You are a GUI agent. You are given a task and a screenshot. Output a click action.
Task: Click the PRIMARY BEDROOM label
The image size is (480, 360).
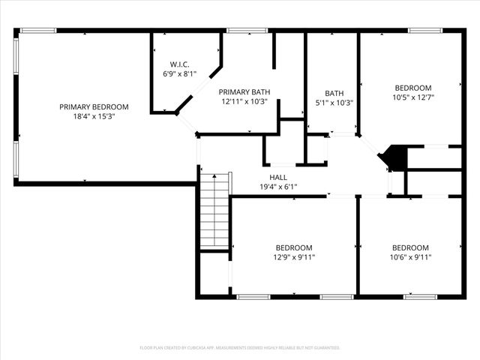tap(94, 106)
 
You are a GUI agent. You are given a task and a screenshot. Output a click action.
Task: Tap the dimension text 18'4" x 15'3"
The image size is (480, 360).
tap(94, 116)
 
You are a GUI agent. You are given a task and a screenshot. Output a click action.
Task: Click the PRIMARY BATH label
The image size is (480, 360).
tap(244, 92)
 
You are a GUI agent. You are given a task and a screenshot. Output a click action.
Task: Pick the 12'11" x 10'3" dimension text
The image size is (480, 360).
tap(244, 102)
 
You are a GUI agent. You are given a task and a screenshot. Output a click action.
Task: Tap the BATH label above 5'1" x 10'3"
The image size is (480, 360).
tap(334, 93)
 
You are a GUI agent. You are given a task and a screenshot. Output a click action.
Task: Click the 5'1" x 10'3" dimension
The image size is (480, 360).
tap(334, 103)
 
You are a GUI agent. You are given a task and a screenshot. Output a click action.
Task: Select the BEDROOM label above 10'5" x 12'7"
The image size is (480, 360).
tap(413, 88)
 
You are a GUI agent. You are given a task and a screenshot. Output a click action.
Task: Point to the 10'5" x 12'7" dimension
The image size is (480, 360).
tap(413, 97)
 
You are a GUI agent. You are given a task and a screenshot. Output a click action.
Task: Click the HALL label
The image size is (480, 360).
tap(278, 178)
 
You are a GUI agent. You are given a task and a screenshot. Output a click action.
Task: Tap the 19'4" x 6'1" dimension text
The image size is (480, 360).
tap(278, 187)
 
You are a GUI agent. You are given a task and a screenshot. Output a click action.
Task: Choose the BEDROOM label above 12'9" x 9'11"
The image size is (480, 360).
tap(294, 248)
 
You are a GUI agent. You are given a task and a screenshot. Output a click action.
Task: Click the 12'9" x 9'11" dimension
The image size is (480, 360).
tap(294, 258)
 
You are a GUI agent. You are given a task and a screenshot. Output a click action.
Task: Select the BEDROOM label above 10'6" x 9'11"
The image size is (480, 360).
tap(410, 248)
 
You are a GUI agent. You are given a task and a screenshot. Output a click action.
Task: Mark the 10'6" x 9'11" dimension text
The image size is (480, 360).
tap(410, 258)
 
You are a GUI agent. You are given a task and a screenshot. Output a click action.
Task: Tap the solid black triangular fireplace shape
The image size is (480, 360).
tap(394, 158)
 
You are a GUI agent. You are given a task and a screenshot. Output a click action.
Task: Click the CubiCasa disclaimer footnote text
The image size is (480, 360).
tap(240, 348)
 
